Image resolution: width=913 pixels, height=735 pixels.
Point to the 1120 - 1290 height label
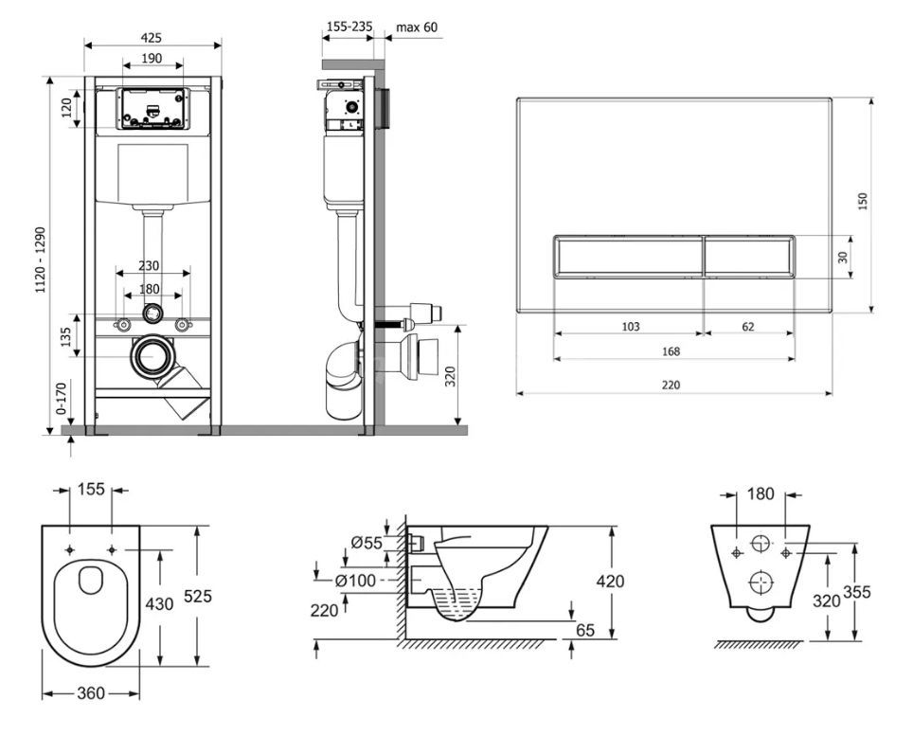pyautogui.click(x=40, y=260)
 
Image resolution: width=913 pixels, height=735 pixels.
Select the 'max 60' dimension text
pyautogui.click(x=417, y=27)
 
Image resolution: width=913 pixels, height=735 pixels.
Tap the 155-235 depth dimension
pyautogui.click(x=349, y=27)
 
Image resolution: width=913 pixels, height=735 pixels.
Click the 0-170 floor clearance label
pyautogui.click(x=62, y=398)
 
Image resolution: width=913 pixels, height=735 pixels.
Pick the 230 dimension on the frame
pyautogui.click(x=149, y=265)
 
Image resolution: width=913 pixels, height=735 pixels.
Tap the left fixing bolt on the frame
pyautogui.click(x=123, y=324)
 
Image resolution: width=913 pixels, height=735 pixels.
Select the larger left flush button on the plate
pyautogui.click(x=629, y=257)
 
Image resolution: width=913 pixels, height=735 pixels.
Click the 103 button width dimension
pyautogui.click(x=631, y=327)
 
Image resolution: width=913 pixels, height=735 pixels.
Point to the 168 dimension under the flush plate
pyautogui.click(x=671, y=351)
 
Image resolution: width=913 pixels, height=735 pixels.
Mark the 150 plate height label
pyautogui.click(x=863, y=202)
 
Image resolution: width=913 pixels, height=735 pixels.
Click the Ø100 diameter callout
pyautogui.click(x=355, y=581)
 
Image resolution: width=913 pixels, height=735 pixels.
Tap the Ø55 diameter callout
pyautogui.click(x=367, y=543)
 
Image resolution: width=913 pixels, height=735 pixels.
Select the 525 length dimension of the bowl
pyautogui.click(x=198, y=596)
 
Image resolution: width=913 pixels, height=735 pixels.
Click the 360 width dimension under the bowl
pyautogui.click(x=92, y=693)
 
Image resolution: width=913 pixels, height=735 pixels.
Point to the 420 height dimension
pyautogui.click(x=610, y=581)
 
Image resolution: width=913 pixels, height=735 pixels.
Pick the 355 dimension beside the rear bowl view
pyautogui.click(x=856, y=592)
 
